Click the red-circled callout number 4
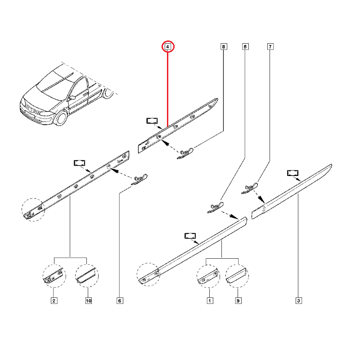point(167,47)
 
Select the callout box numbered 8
point(224,46)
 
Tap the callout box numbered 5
point(245,46)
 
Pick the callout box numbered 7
point(270,46)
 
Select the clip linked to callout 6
point(139,179)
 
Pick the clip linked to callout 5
point(215,207)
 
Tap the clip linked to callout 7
point(249,188)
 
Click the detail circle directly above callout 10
point(87,276)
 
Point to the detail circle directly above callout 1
point(208,276)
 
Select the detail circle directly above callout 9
point(237,276)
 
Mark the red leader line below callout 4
point(168,90)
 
